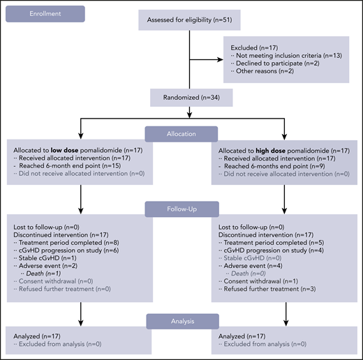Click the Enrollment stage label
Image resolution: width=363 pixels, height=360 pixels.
coord(45,13)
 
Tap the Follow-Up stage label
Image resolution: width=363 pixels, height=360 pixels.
coord(181,207)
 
